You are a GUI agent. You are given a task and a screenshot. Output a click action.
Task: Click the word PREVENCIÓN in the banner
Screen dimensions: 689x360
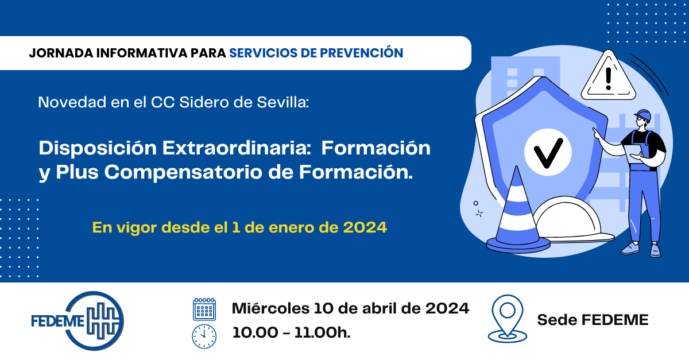[361, 53]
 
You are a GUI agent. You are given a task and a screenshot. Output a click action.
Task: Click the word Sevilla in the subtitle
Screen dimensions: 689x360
[282, 102]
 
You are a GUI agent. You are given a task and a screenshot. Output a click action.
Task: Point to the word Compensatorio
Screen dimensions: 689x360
[184, 172]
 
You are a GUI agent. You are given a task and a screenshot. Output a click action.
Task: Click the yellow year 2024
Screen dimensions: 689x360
[365, 227]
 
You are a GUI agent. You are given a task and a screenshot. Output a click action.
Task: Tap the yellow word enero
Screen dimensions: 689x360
[291, 228]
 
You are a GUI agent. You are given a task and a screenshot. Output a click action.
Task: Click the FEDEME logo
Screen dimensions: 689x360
[78, 320]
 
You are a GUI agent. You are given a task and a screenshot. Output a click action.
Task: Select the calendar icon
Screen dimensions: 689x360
[204, 309]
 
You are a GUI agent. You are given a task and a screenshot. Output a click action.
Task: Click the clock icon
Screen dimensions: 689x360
[204, 336]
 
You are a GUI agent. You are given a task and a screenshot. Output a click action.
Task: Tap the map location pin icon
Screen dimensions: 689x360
[507, 319]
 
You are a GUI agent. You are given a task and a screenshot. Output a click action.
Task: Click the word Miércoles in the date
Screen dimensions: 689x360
[270, 308]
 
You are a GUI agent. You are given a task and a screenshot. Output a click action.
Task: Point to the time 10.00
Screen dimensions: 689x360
[255, 332]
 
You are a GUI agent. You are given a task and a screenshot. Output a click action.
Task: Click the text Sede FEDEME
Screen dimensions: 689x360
[593, 320]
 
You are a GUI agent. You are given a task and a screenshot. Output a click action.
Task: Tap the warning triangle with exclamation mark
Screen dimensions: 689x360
[608, 77]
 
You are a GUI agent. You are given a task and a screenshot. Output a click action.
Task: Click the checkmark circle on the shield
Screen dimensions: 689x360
[548, 152]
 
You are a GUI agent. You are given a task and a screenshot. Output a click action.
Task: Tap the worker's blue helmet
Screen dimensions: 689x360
[643, 115]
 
